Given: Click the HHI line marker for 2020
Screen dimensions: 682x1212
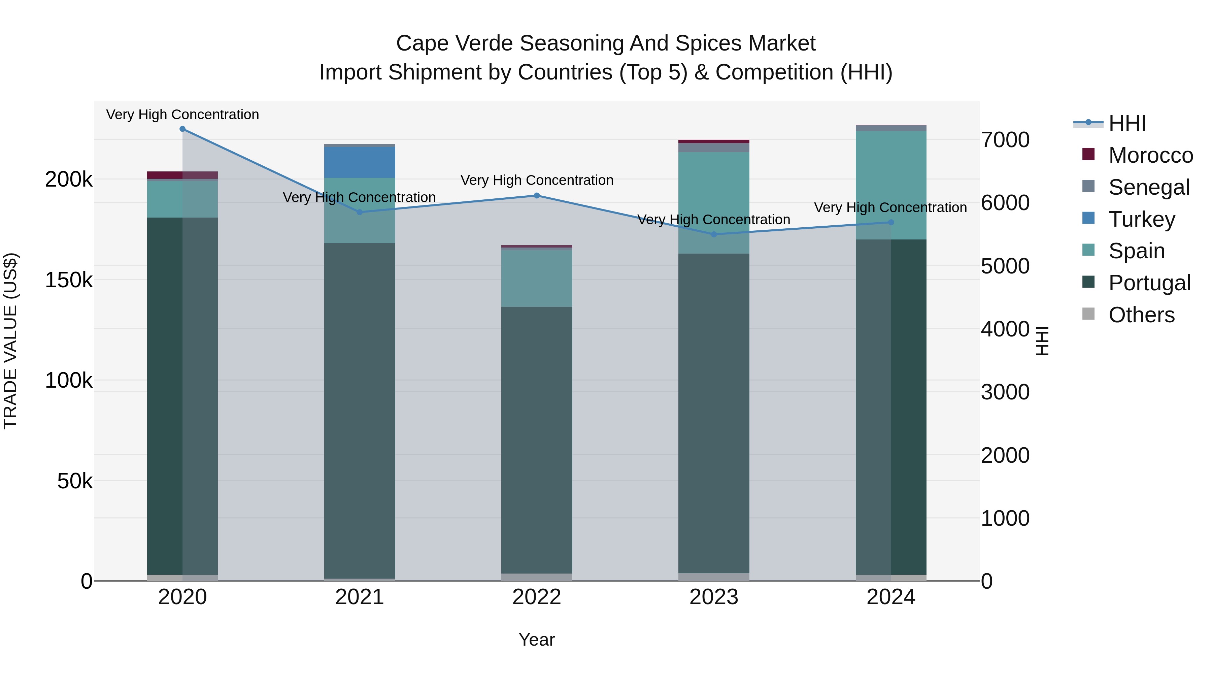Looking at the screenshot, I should [182, 129].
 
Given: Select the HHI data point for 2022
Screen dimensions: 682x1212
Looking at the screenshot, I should [537, 196].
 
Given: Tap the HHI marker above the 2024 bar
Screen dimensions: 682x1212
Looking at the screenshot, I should [890, 223].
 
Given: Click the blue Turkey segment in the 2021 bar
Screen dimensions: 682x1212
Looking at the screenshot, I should [360, 162].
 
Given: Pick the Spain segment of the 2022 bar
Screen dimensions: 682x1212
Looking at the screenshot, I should [537, 278].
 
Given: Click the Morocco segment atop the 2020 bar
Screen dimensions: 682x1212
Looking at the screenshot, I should [182, 175].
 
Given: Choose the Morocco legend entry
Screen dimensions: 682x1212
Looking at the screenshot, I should [1150, 155].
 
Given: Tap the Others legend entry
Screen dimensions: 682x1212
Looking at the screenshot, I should [1141, 315].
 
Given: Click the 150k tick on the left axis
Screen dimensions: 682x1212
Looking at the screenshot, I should [69, 280].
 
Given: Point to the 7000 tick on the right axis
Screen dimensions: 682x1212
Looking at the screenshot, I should [1005, 140].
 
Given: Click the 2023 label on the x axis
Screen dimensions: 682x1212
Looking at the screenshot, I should [714, 597].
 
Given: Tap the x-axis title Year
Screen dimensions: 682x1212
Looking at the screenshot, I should [537, 640].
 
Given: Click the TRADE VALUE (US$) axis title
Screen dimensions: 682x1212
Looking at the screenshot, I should [10, 341].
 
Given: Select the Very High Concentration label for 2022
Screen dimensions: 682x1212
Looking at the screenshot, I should [537, 180].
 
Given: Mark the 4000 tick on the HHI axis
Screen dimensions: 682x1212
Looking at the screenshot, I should [1005, 329].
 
